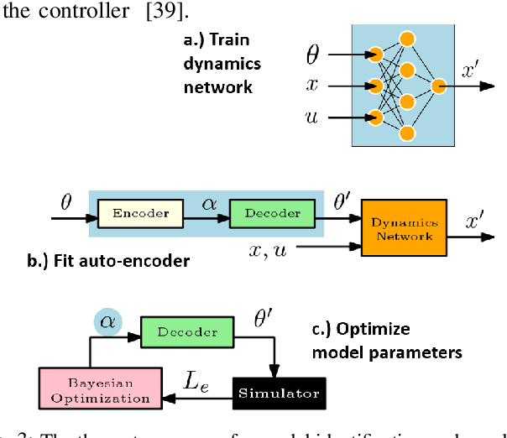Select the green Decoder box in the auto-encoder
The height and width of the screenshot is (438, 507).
(271, 213)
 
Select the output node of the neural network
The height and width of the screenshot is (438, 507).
(438, 86)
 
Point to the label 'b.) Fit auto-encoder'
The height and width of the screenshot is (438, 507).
(108, 261)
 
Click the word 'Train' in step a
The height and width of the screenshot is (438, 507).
(230, 39)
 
